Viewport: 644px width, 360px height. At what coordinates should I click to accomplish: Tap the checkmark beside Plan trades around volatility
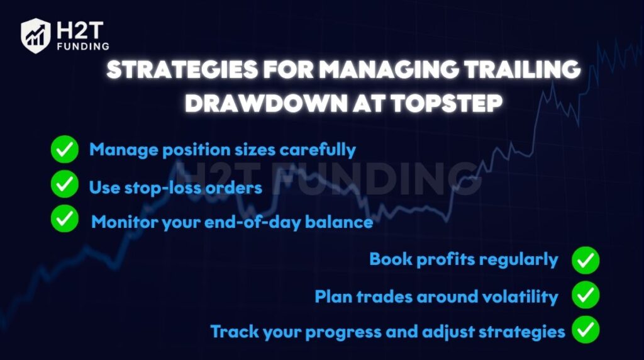point(586,295)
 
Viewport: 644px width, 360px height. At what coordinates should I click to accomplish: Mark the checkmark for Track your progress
point(586,329)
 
